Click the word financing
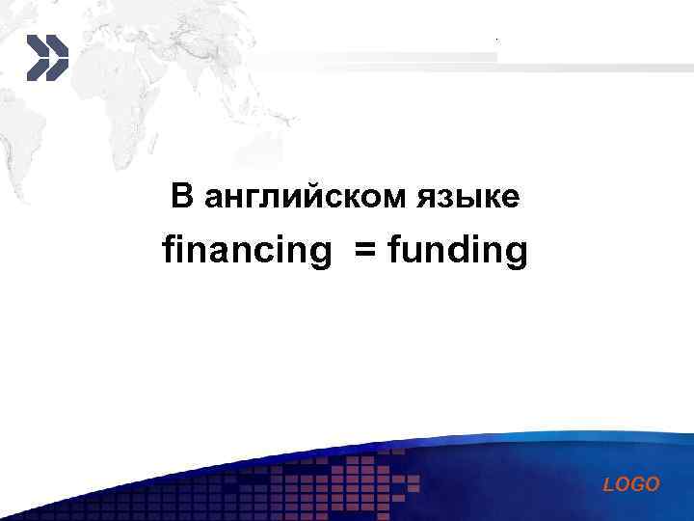pyautogui.click(x=246, y=252)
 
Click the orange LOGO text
pyautogui.click(x=631, y=484)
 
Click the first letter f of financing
pyautogui.click(x=168, y=250)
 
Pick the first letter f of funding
pyautogui.click(x=392, y=250)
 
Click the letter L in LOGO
pyautogui.click(x=608, y=484)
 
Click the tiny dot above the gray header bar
pyautogui.click(x=496, y=39)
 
